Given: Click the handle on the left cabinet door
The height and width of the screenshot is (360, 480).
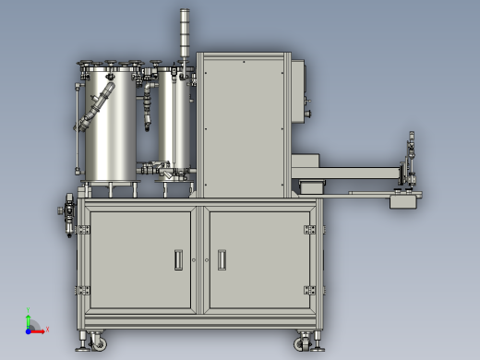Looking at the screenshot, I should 178,260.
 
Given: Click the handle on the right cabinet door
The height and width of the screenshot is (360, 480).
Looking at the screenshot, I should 222,260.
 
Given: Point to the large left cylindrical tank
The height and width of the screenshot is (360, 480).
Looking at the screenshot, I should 111,125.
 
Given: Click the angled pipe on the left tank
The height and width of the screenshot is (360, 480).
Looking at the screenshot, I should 97,106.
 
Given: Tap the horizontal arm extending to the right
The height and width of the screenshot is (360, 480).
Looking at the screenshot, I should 355,172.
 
